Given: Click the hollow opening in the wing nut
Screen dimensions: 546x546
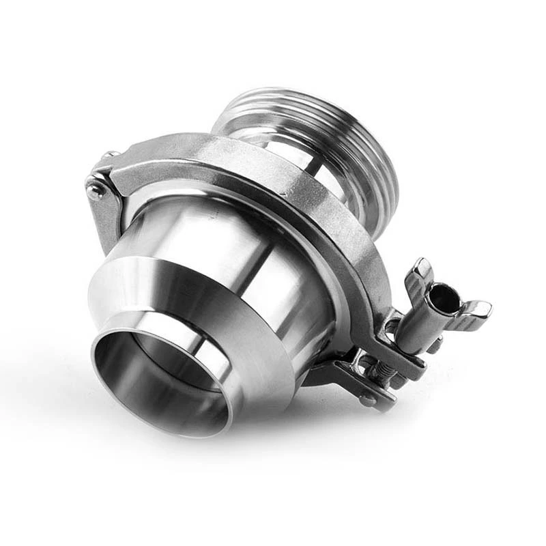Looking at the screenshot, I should [x=445, y=298].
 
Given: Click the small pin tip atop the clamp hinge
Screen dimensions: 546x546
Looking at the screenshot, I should [x=109, y=156].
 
